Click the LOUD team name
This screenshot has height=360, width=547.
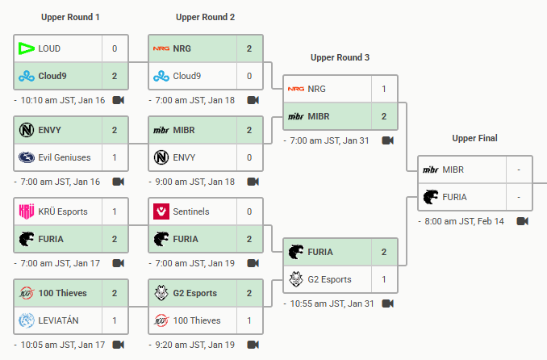click(x=49, y=48)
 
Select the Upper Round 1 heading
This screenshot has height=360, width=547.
click(x=70, y=17)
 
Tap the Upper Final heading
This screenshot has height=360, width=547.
click(x=474, y=138)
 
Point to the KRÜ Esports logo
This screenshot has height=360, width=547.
click(x=26, y=211)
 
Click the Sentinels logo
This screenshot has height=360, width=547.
click(x=161, y=211)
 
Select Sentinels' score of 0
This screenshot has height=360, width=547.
click(x=249, y=211)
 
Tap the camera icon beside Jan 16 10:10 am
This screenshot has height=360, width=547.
click(x=119, y=100)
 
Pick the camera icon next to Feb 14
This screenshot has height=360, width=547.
click(x=522, y=221)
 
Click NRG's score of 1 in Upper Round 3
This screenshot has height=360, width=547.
click(x=384, y=89)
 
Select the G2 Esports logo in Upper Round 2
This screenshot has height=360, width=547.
click(x=161, y=293)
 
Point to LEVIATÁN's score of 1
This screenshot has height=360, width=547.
click(x=115, y=320)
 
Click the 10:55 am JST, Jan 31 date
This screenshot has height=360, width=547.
click(x=332, y=303)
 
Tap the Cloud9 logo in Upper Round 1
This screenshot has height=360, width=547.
click(x=26, y=76)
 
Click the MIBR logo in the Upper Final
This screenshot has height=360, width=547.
click(x=430, y=170)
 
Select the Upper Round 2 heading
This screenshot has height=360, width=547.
click(x=205, y=17)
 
